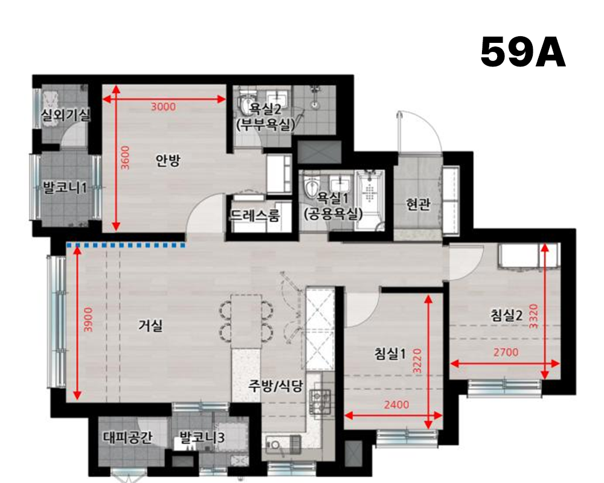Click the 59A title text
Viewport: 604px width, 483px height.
pyautogui.click(x=523, y=53)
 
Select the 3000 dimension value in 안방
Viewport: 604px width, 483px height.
pyautogui.click(x=162, y=107)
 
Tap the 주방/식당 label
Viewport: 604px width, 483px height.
pyautogui.click(x=275, y=386)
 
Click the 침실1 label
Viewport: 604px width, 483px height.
pyautogui.click(x=390, y=354)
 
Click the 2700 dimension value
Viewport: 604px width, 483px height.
pyautogui.click(x=506, y=353)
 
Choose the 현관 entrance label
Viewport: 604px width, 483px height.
pyautogui.click(x=418, y=205)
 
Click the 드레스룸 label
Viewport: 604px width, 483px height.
pyautogui.click(x=255, y=216)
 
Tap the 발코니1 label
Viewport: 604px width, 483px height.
pyautogui.click(x=65, y=188)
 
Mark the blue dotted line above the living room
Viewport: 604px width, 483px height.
pyautogui.click(x=126, y=245)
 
